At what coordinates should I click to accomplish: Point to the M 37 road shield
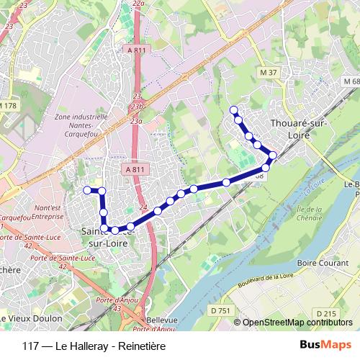269,73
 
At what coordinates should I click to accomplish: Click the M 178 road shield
8,106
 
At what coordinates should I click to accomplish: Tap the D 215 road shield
326,313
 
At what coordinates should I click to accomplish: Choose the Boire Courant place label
317,262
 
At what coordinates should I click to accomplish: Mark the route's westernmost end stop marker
87,190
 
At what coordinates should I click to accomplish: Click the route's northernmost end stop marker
233,110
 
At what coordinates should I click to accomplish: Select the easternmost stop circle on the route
272,155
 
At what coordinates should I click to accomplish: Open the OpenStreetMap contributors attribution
297,323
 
